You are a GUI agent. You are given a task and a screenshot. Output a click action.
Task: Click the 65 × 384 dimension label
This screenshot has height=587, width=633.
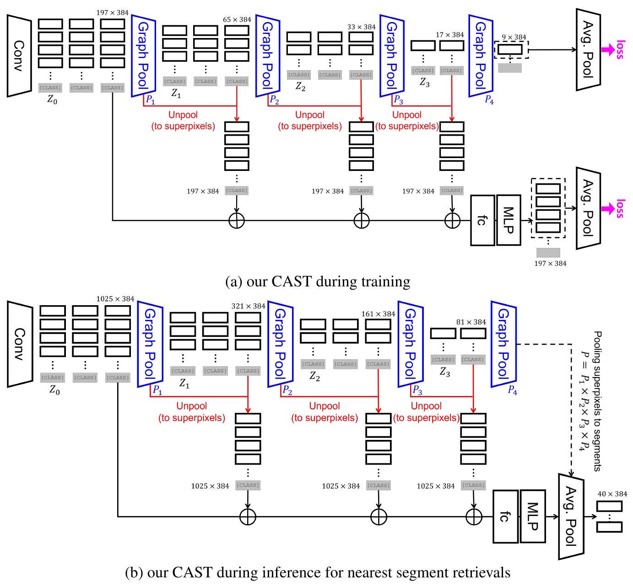pyautogui.click(x=237, y=20)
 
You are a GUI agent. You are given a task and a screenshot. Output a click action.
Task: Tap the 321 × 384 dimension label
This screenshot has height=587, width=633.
pyautogui.click(x=248, y=306)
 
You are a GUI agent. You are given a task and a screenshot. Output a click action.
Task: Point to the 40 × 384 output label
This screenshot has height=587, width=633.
pyautogui.click(x=612, y=494)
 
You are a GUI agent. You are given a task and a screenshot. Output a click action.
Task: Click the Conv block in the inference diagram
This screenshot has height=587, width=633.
pyautogui.click(x=20, y=344)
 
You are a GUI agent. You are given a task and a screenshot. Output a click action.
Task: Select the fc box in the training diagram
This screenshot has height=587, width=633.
pyautogui.click(x=482, y=220)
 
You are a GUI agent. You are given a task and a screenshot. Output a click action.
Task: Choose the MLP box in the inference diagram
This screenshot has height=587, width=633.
pyautogui.click(x=533, y=516)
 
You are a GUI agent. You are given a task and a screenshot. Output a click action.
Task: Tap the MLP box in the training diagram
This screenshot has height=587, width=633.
pyautogui.click(x=509, y=220)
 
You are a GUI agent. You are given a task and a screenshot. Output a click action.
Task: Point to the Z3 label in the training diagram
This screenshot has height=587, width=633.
pyautogui.click(x=424, y=83)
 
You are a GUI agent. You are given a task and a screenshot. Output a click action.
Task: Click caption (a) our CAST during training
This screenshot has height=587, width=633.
pyautogui.click(x=318, y=281)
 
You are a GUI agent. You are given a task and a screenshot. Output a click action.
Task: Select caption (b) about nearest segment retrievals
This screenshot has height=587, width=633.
pyautogui.click(x=318, y=573)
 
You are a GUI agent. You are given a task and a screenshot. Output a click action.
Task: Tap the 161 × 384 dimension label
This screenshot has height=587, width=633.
pyautogui.click(x=378, y=314)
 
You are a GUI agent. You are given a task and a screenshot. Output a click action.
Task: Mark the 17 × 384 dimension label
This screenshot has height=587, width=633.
pyautogui.click(x=450, y=35)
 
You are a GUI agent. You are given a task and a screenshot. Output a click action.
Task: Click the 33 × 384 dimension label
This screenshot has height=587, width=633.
pyautogui.click(x=361, y=27)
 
